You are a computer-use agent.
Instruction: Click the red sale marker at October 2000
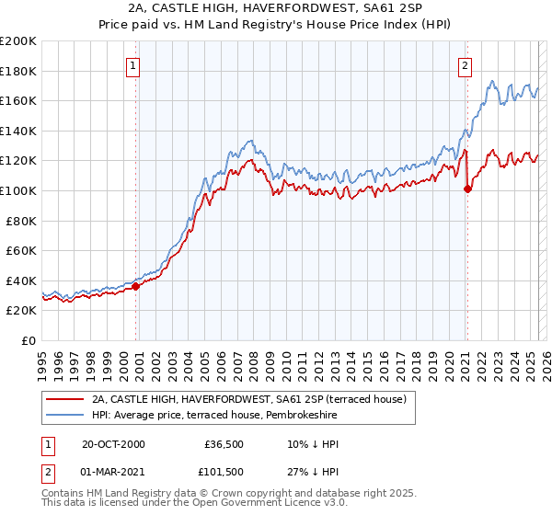pyautogui.click(x=136, y=286)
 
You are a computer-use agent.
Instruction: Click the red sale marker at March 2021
pyautogui.click(x=467, y=189)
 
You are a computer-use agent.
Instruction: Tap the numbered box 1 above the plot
pyautogui.click(x=134, y=65)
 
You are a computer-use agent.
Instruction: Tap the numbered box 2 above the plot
pyautogui.click(x=466, y=65)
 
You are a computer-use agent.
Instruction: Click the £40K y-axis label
pyautogui.click(x=22, y=280)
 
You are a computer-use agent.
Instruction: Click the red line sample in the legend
pyautogui.click(x=65, y=399)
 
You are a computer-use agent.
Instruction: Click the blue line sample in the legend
pyautogui.click(x=65, y=416)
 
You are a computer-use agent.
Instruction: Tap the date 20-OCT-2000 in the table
pyautogui.click(x=112, y=444)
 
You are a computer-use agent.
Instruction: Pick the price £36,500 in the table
pyautogui.click(x=224, y=444)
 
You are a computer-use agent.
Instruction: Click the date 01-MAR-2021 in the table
pyautogui.click(x=113, y=472)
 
